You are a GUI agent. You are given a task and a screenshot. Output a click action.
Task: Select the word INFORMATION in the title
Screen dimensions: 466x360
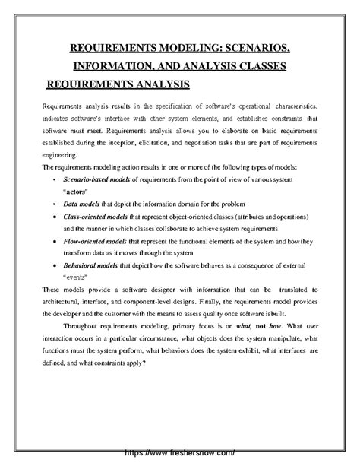coord(113,67)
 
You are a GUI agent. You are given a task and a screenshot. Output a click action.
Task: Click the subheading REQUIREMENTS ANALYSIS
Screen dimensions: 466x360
coord(118,83)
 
